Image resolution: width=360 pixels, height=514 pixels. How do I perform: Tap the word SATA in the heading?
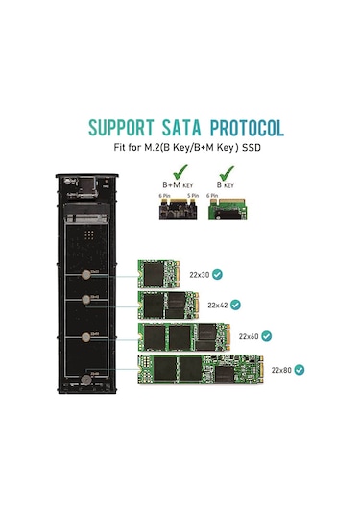tap(181, 128)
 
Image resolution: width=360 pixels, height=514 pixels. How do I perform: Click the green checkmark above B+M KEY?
tap(176, 170)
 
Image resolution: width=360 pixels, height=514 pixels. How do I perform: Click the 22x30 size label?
tap(201, 275)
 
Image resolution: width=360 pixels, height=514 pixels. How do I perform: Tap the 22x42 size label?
tap(218, 306)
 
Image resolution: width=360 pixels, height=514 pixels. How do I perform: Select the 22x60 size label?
tap(250, 336)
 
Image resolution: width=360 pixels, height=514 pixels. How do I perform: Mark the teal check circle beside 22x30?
tap(220, 275)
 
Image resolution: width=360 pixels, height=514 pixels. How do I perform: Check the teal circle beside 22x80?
tap(300, 369)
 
